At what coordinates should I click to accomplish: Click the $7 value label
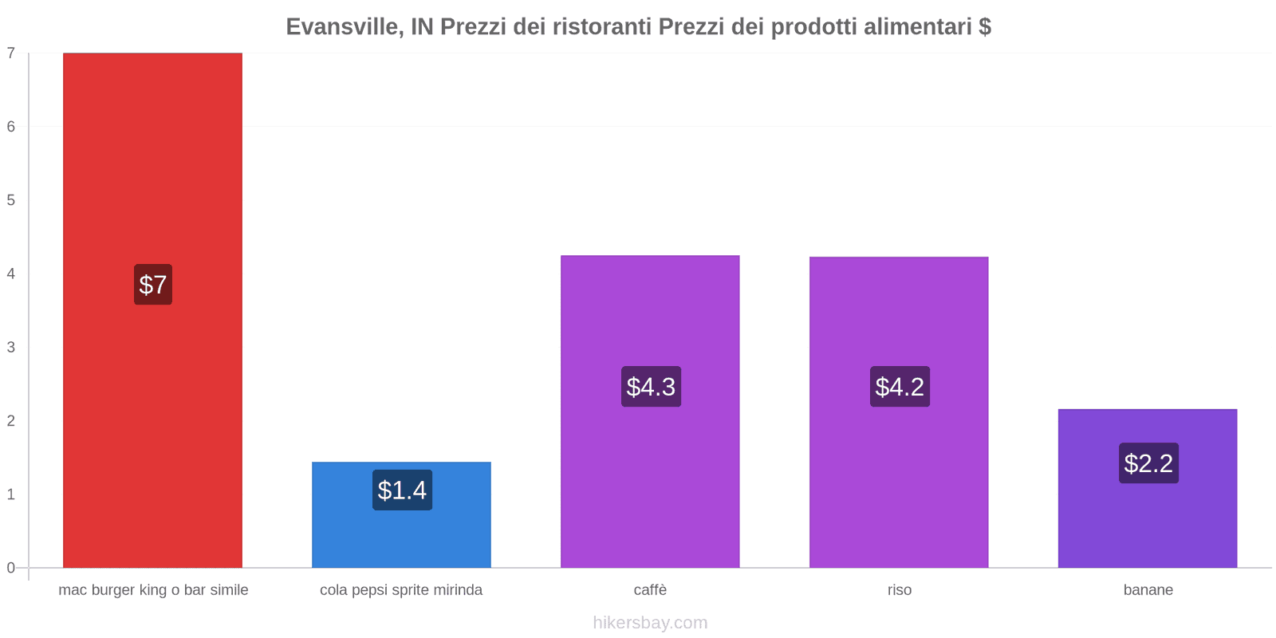click(153, 285)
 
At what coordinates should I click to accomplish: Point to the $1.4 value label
click(402, 490)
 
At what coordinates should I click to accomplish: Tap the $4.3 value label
click(651, 387)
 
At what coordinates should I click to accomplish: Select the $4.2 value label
click(900, 387)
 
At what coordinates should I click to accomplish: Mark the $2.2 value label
click(1148, 463)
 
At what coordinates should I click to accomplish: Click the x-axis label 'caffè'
click(650, 590)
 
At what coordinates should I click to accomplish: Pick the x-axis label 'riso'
click(899, 590)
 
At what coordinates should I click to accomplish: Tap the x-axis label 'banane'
click(1148, 590)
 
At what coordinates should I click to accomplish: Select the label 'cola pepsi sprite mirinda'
click(401, 590)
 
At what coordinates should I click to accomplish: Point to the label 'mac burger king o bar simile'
click(153, 590)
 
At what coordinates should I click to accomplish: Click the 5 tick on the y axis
click(11, 200)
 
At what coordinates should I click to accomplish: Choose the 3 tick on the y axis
click(11, 347)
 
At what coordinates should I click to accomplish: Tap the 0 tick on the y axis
click(11, 568)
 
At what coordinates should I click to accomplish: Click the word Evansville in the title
click(343, 27)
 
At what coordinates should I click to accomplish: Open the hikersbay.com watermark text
click(650, 623)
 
